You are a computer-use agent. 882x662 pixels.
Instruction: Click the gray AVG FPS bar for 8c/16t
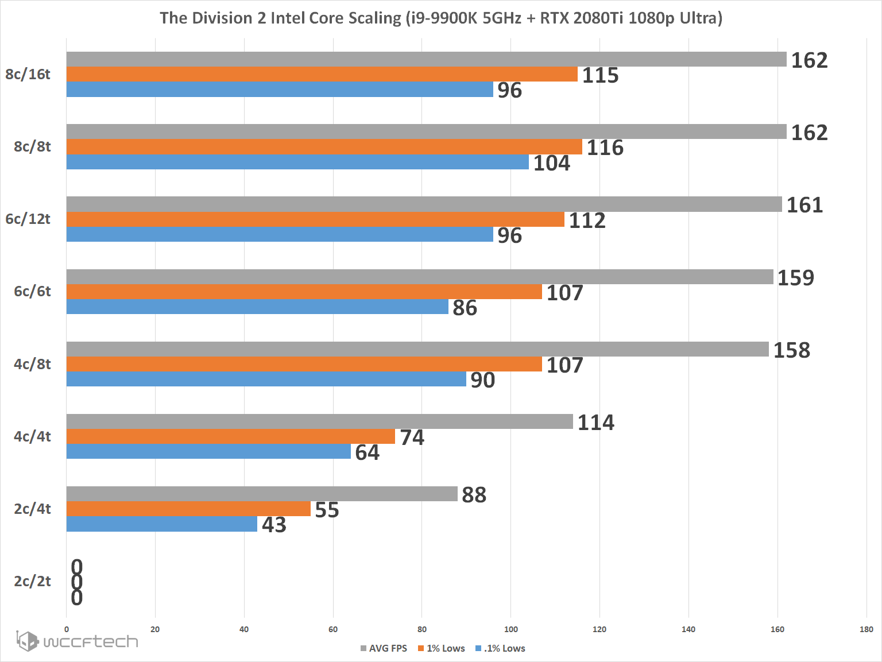pyautogui.click(x=426, y=59)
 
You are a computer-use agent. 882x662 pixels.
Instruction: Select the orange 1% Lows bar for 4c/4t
pyautogui.click(x=230, y=436)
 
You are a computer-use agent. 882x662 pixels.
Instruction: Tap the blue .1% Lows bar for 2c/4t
pyautogui.click(x=161, y=524)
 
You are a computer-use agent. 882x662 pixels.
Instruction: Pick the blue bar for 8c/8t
pyautogui.click(x=297, y=162)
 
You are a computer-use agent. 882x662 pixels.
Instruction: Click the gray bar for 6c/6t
pyautogui.click(x=420, y=277)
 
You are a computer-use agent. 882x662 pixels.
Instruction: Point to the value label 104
pyautogui.click(x=551, y=163)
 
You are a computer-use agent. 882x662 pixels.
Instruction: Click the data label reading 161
pyautogui.click(x=804, y=205)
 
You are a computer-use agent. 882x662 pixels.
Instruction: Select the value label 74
pyautogui.click(x=412, y=438)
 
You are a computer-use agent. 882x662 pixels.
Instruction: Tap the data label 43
pyautogui.click(x=274, y=525)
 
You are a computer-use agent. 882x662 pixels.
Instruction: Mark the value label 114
pyautogui.click(x=595, y=423)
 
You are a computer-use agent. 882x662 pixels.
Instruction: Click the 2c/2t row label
pyautogui.click(x=32, y=581)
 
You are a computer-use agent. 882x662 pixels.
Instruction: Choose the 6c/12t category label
pyautogui.click(x=28, y=219)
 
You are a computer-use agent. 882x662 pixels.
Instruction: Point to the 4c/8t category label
pyautogui.click(x=32, y=364)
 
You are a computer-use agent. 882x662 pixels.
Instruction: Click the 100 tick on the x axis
pyautogui.click(x=510, y=629)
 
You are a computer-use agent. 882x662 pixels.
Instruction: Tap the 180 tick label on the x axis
pyautogui.click(x=866, y=629)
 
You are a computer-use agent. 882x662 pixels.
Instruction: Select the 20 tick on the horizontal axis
pyautogui.click(x=155, y=629)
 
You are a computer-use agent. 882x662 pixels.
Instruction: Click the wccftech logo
pyautogui.click(x=77, y=641)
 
